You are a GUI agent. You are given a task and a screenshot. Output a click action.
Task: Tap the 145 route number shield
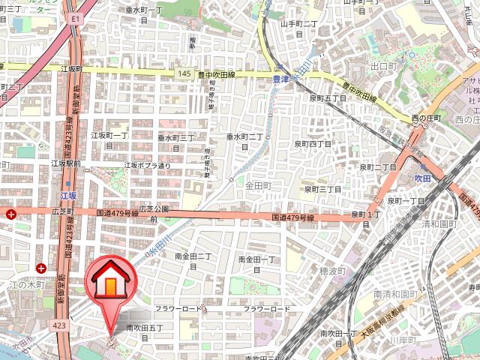coord(184,73)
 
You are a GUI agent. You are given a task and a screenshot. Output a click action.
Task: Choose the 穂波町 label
coord(331,270)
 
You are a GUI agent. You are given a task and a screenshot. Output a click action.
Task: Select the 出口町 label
coord(383,67)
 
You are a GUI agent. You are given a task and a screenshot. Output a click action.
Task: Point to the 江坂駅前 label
coord(66,163)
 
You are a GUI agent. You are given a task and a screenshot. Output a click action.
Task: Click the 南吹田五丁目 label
coord(149,331)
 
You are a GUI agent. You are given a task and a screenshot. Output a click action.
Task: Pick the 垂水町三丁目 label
coord(175,142)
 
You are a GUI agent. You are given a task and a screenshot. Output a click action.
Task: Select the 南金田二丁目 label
coord(193,260)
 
